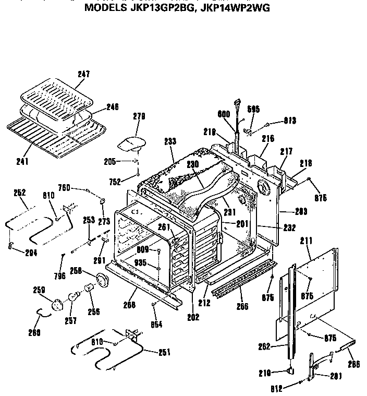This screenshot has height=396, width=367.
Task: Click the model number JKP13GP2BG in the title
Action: coord(162,8)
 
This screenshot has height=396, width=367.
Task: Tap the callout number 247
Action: coord(83,75)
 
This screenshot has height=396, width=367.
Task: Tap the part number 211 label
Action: coord(308,241)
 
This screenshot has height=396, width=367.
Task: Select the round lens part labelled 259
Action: coord(56,303)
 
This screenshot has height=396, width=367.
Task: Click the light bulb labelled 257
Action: coord(72,297)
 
